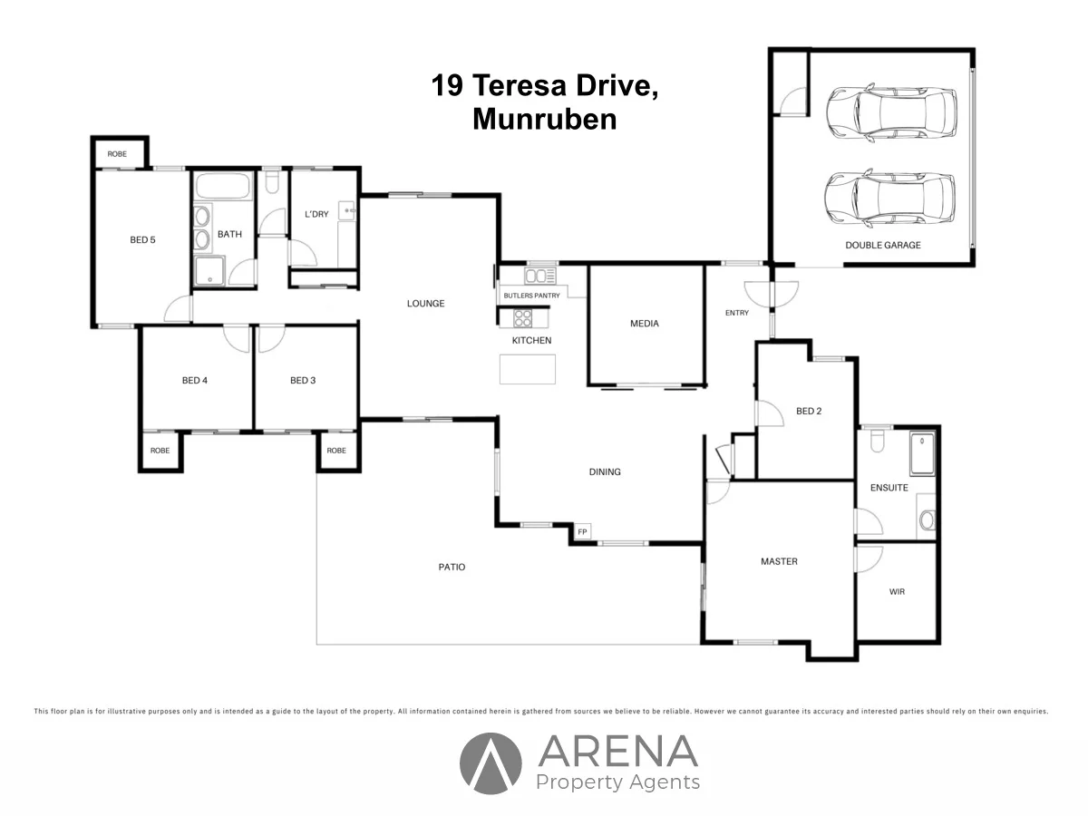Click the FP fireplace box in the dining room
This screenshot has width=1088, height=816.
coord(582,531)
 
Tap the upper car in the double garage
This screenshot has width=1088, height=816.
coord(891,113)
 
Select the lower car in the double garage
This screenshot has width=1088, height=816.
coord(889,198)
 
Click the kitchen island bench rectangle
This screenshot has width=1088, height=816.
coord(528,369)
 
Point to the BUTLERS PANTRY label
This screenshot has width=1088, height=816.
coord(532,296)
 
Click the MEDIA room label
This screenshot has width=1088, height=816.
coord(645,324)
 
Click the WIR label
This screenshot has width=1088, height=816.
coord(897,592)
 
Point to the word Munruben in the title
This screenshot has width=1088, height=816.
coord(544,120)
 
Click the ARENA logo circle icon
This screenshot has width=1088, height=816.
coord(491,763)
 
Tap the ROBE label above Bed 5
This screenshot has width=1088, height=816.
coord(118,154)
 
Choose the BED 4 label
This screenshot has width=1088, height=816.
coord(195,381)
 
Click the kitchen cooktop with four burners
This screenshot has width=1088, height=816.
coord(523,318)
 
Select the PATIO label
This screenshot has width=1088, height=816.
coord(452,568)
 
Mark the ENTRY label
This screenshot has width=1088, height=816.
coord(737,313)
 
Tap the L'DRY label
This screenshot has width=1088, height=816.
coord(316,214)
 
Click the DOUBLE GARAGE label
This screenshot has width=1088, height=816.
coord(882,245)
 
